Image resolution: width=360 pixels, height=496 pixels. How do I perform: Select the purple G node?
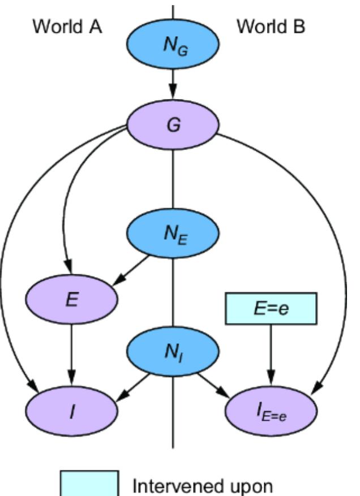[x=173, y=125]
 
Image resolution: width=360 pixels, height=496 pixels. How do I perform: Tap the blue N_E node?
[x=173, y=235]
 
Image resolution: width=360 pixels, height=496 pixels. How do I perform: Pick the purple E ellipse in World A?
[x=72, y=300]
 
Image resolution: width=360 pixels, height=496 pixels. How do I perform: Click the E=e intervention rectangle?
[x=270, y=309]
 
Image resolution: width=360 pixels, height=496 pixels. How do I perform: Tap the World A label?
[x=67, y=27]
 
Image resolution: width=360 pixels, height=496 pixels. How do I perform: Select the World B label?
[x=271, y=27]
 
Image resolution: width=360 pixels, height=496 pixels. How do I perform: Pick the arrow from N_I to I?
[x=132, y=386]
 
